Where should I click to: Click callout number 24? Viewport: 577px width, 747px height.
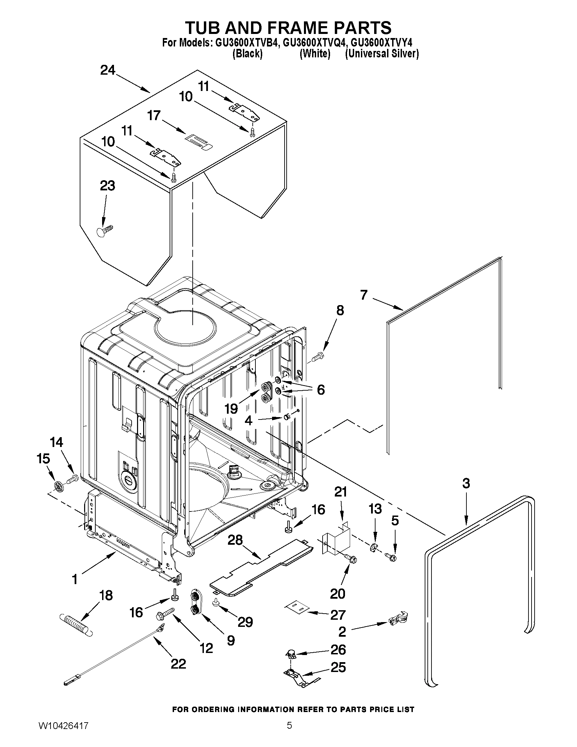point(108,71)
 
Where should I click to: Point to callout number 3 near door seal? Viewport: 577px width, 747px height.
point(466,483)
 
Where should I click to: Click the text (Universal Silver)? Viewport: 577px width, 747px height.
point(382,54)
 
